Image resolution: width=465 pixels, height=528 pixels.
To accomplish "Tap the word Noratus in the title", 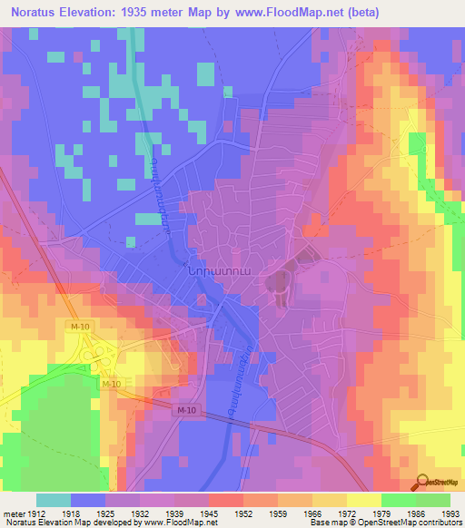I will (37, 12).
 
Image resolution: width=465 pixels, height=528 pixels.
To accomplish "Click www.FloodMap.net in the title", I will (278, 12).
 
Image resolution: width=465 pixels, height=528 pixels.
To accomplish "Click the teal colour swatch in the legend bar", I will (53, 500).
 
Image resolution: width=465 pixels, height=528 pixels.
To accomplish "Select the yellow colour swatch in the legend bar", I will (363, 500).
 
